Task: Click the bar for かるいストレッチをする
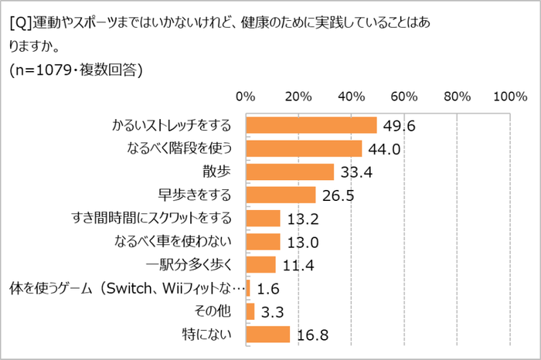(311, 125)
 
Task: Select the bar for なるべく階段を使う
(304, 148)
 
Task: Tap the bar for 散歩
(290, 172)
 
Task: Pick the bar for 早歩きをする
(281, 195)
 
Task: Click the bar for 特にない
(267, 335)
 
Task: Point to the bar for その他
(250, 311)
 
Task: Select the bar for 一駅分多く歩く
(260, 265)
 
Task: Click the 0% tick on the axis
(246, 97)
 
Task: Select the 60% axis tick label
(404, 97)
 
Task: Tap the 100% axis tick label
(509, 97)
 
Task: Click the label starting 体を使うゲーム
(128, 288)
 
